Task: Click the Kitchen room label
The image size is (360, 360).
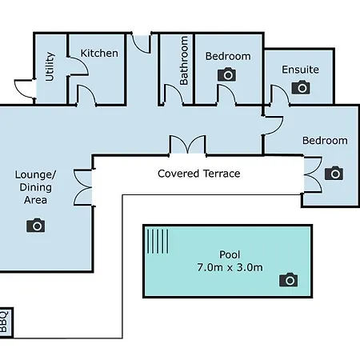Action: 99,53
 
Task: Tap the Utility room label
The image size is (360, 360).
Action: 50,66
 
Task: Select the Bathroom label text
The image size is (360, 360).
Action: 184,61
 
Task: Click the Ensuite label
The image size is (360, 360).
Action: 300,70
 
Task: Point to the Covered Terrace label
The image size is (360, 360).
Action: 199,174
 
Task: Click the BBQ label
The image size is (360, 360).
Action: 3,322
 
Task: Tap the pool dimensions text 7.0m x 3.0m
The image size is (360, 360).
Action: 230,267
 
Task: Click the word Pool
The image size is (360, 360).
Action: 230,254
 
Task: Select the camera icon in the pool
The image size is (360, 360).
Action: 288,280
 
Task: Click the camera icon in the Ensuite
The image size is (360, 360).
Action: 301,87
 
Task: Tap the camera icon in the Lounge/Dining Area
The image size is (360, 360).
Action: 35,226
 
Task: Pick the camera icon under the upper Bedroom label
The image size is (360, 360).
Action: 227,74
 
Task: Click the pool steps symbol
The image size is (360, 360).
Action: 158,242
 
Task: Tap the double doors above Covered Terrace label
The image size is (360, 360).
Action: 188,144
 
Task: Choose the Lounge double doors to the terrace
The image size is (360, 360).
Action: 82,187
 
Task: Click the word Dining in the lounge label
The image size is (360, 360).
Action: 35,187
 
